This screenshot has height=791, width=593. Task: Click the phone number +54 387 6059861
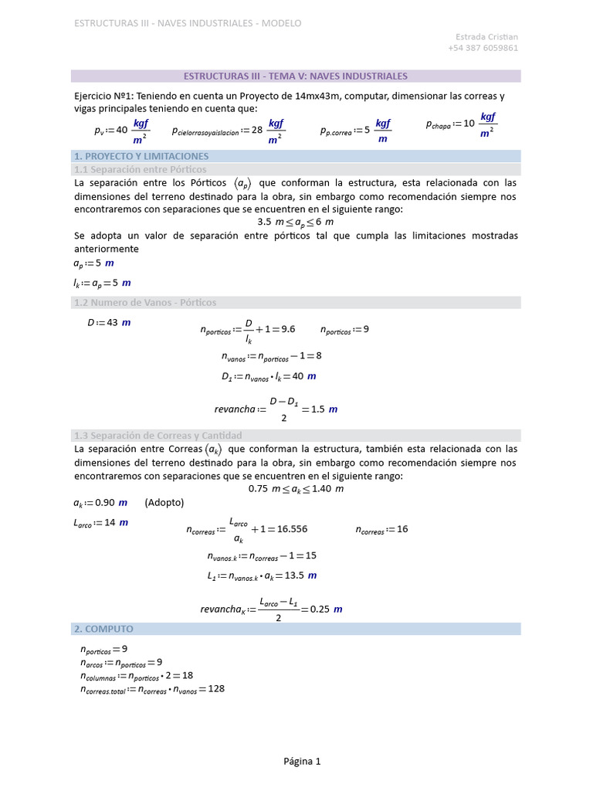483,48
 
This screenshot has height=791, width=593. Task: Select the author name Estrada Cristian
486,36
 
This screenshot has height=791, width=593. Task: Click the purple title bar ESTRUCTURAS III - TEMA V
296,76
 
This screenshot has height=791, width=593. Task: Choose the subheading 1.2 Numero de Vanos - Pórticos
144,303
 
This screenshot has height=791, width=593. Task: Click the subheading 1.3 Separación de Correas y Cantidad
158,435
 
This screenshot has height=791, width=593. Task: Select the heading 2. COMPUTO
103,630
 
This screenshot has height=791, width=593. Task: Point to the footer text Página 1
302,762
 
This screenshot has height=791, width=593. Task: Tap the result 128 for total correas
215,688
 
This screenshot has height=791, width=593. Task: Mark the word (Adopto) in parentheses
164,503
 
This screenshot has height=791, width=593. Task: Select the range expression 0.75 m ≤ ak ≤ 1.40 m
296,489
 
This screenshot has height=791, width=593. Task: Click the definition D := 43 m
108,323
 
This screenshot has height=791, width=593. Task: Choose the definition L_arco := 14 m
100,523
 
